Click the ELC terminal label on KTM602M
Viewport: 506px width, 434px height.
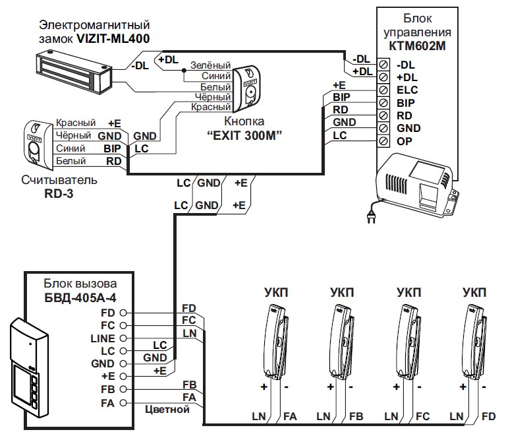point(408,90)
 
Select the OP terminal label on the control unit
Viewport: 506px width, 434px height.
point(404,141)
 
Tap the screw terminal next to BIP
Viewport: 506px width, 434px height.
point(383,103)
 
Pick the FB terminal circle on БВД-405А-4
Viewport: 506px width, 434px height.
point(123,389)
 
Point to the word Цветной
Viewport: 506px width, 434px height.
point(167,410)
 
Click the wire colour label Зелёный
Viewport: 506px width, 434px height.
point(210,66)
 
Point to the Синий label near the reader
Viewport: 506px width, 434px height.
point(70,148)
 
